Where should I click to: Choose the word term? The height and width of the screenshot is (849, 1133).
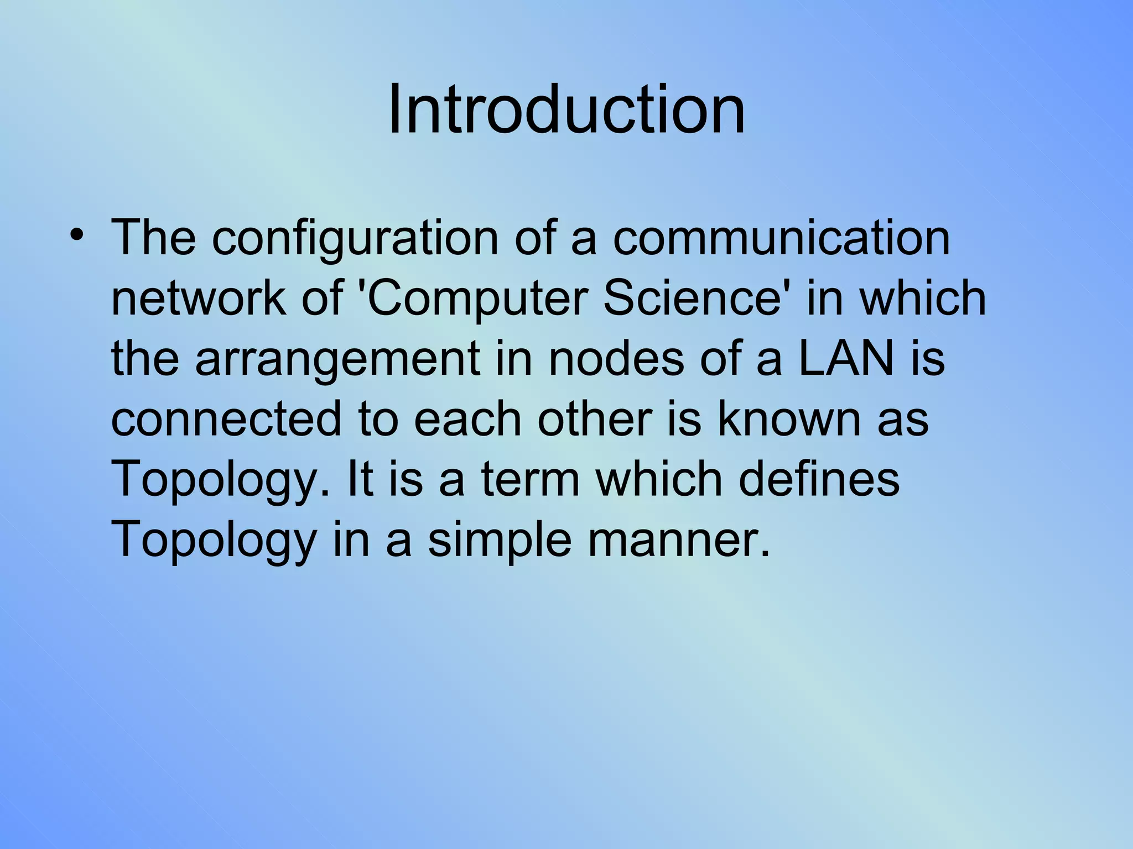[530, 479]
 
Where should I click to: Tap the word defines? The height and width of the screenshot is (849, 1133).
[819, 479]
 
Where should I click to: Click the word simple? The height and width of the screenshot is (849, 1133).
[500, 541]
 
